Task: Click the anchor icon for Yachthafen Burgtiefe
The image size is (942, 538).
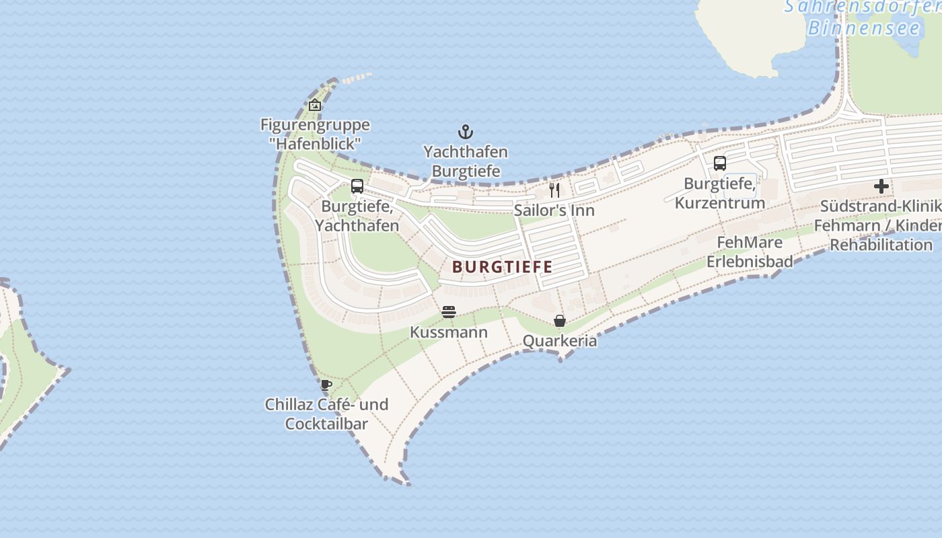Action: point(465,131)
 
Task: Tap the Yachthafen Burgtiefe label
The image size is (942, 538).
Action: point(465,161)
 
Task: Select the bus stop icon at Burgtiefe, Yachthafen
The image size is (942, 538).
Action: point(357,186)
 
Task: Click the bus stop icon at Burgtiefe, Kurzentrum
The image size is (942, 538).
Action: point(720,163)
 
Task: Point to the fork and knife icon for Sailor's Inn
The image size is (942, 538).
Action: point(554,190)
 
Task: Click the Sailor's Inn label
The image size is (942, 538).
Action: point(554,210)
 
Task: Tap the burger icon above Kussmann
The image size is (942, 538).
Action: point(449,312)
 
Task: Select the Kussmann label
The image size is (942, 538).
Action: point(449,333)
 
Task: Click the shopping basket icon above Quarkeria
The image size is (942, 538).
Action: point(560,321)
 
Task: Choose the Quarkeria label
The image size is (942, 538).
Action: point(560,341)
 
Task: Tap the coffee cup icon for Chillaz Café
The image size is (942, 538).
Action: point(326,385)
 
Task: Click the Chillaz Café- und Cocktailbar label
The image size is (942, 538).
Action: point(326,414)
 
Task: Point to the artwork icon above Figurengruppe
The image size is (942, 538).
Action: point(314,105)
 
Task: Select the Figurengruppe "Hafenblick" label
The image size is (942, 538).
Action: point(315,134)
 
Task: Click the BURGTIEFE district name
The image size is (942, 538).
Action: point(503,267)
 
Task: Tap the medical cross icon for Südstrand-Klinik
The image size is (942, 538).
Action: point(881,186)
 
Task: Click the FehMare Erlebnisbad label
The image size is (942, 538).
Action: point(750,252)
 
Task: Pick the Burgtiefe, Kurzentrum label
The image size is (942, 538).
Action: point(720,193)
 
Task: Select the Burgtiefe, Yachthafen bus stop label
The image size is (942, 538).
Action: point(357,216)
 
